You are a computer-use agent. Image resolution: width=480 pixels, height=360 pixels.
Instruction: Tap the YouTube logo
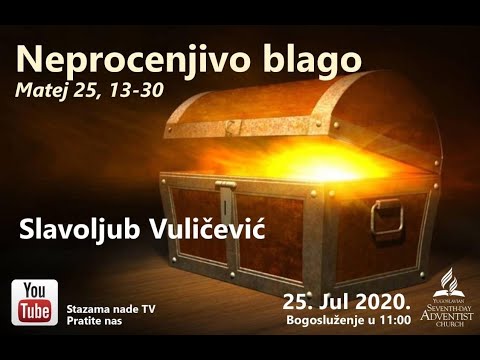click(34, 303)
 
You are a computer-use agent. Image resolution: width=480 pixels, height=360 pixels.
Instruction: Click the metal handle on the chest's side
click(385, 215)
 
